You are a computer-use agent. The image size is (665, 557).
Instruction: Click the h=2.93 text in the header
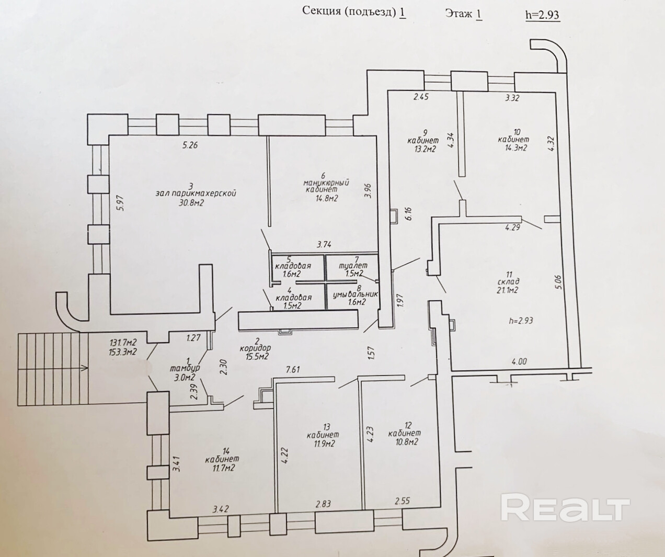(542, 15)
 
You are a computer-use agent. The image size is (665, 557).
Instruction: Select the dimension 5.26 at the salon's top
(190, 145)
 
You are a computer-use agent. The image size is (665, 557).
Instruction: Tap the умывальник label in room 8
(355, 294)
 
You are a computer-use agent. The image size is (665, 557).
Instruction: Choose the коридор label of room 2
(256, 348)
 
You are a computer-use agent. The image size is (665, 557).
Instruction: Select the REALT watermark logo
(565, 508)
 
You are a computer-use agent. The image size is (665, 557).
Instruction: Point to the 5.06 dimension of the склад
(559, 282)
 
